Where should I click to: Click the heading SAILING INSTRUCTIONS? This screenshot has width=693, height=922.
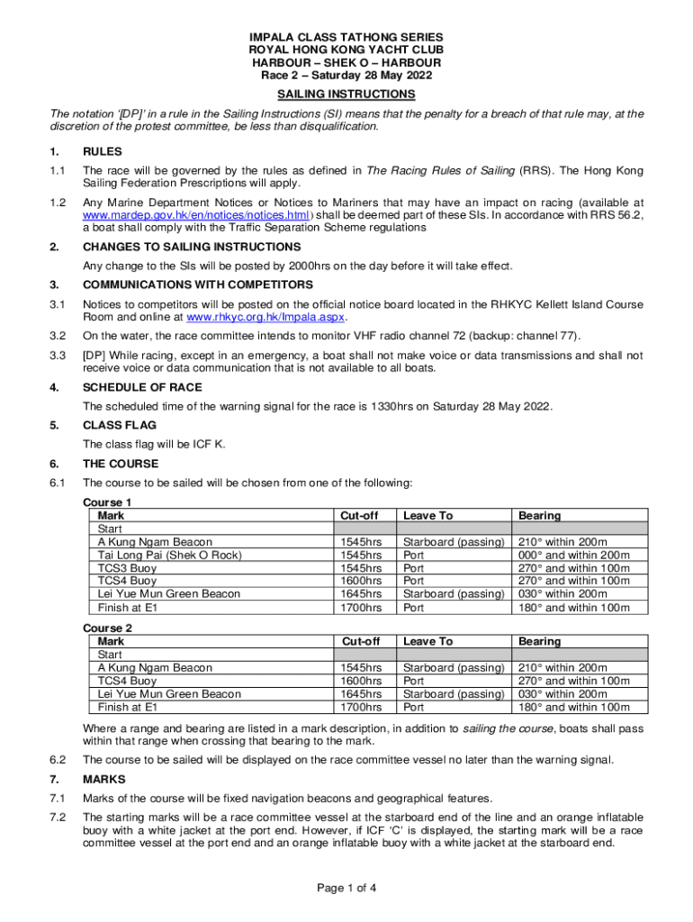click(346, 95)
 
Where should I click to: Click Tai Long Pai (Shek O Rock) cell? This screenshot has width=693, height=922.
click(169, 556)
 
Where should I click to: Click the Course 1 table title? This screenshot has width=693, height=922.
click(107, 502)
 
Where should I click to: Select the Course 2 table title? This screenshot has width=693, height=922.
click(107, 628)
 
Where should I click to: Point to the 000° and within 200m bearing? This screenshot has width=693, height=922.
click(571, 556)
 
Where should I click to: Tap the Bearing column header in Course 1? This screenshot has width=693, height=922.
click(539, 516)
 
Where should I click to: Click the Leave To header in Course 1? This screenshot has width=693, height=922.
click(427, 516)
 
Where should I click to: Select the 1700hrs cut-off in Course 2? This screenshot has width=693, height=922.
click(360, 708)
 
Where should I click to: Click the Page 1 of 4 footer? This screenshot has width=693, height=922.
click(346, 888)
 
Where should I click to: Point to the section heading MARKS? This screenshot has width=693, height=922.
click(103, 779)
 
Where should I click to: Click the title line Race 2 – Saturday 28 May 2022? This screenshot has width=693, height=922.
click(346, 77)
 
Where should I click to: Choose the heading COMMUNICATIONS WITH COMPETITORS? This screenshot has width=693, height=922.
click(198, 285)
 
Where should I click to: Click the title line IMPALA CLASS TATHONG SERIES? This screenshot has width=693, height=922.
click(346, 37)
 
